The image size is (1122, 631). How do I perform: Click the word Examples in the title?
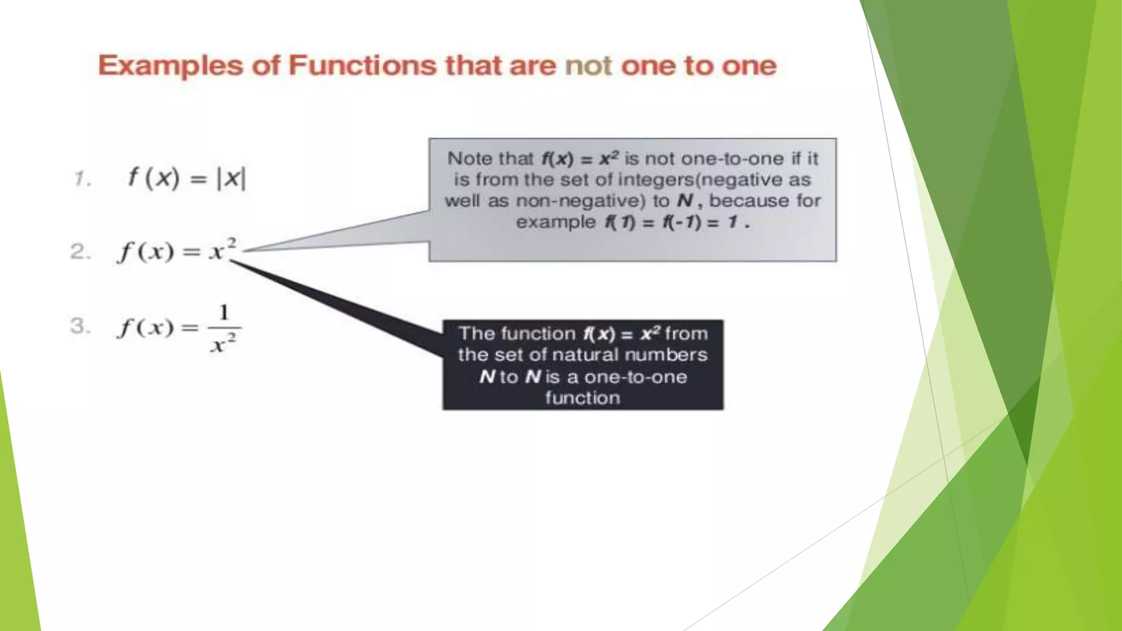(x=170, y=66)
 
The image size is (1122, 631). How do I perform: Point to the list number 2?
(x=80, y=252)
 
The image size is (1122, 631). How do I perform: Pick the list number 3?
(x=80, y=326)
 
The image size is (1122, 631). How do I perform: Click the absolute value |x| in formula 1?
(x=232, y=179)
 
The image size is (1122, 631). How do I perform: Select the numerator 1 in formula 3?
(x=224, y=313)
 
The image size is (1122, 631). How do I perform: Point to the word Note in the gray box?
(x=469, y=159)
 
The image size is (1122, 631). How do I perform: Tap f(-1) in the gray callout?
(x=682, y=222)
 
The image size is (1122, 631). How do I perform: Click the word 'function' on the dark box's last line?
(x=582, y=398)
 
